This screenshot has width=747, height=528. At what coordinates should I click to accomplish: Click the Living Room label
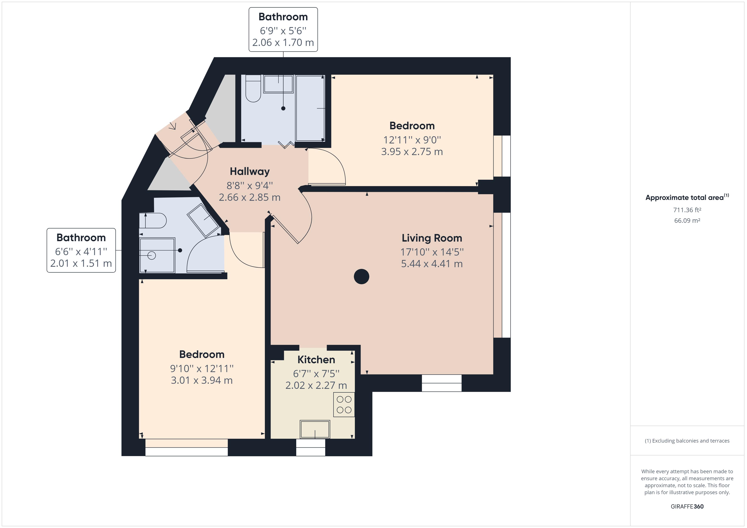(432, 238)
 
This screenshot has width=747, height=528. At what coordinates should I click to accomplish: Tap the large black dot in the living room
(361, 277)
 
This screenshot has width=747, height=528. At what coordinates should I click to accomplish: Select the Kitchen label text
(316, 360)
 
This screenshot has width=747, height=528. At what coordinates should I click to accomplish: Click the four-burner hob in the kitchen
(344, 405)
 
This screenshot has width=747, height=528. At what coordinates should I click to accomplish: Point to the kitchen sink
(315, 429)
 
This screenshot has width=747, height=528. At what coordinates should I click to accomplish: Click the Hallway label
(250, 171)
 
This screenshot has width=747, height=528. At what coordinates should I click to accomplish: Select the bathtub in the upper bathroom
(310, 108)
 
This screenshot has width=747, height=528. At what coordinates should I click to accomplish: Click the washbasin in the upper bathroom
(278, 84)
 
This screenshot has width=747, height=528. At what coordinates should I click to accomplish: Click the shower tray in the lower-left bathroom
(157, 256)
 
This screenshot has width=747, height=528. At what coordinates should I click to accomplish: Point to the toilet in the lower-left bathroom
(153, 221)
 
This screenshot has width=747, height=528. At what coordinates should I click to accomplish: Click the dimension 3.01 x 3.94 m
(202, 380)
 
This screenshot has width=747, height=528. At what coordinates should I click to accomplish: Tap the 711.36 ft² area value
(687, 210)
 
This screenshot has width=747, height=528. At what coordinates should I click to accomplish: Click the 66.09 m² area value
(687, 220)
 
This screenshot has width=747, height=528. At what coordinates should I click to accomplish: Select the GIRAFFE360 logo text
(687, 506)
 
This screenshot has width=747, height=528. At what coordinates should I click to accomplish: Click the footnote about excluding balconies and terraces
(687, 441)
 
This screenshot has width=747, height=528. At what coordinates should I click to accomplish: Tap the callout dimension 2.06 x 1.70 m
(283, 43)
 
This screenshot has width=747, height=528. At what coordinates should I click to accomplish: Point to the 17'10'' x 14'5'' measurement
(432, 252)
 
